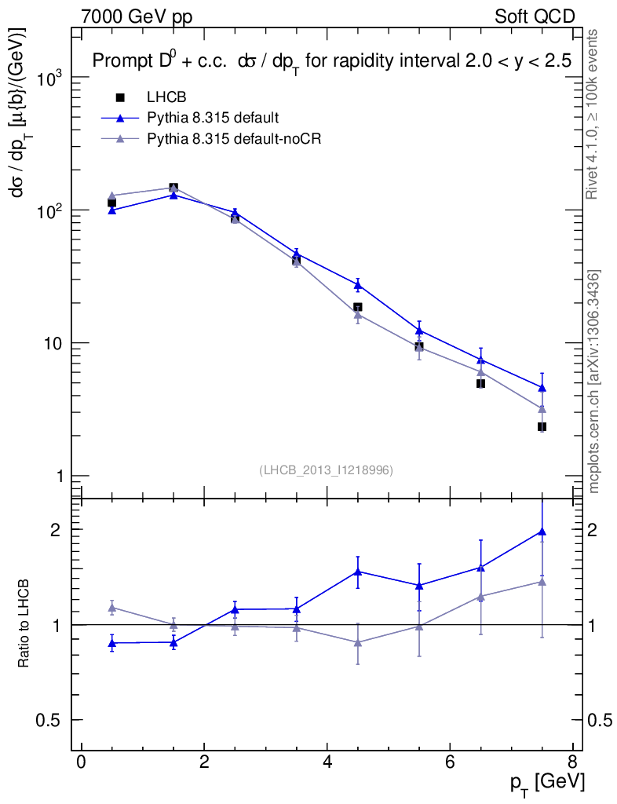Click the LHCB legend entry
click(x=165, y=97)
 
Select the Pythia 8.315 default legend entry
click(x=213, y=118)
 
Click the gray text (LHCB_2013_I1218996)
click(x=326, y=470)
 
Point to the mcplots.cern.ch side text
click(x=595, y=382)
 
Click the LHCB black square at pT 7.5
click(x=542, y=426)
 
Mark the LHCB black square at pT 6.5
click(x=480, y=383)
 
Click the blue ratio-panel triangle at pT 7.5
click(x=542, y=532)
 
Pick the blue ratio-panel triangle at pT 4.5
click(x=358, y=572)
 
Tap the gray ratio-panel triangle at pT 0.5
click(x=112, y=608)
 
